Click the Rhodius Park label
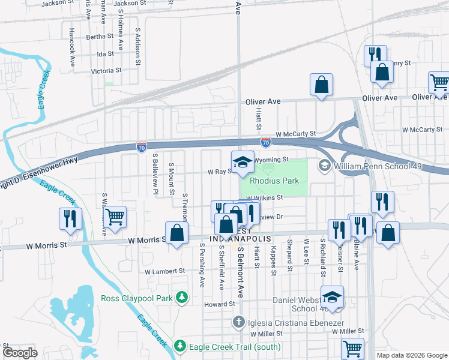click(x=274, y=180)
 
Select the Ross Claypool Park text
click(x=137, y=298)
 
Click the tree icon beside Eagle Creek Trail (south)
click(x=179, y=346)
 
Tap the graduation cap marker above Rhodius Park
click(x=243, y=163)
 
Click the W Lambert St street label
click(x=166, y=271)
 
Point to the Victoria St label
click(x=106, y=70)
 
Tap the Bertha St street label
click(x=100, y=37)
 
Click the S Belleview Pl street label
click(x=155, y=174)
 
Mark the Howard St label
click(x=218, y=304)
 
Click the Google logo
click(x=20, y=353)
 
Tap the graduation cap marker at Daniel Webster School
click(x=331, y=298)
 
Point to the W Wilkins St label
click(x=264, y=196)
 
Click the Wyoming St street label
click(x=271, y=160)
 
